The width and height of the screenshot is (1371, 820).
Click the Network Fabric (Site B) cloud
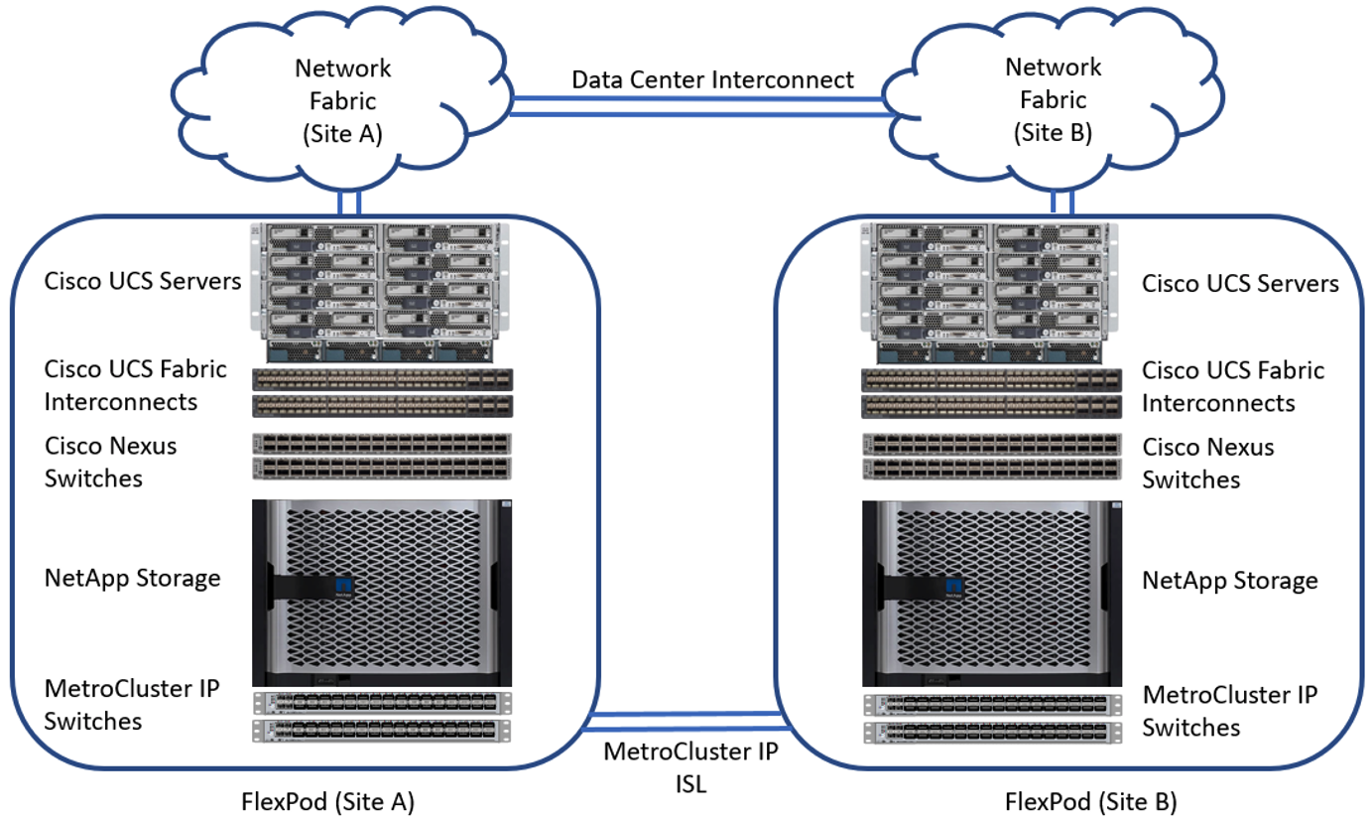(x=1053, y=100)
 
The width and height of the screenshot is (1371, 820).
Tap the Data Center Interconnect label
(x=712, y=79)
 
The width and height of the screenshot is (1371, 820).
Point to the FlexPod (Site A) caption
(x=327, y=801)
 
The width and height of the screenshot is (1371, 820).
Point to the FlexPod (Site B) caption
(x=1091, y=801)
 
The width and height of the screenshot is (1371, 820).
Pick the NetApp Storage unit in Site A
(x=382, y=592)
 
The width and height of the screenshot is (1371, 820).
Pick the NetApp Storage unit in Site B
(x=991, y=593)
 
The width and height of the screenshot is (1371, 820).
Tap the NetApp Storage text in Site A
(x=132, y=578)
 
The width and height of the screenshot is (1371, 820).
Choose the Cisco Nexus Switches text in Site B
(x=1207, y=463)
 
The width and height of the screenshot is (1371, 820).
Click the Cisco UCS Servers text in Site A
(x=143, y=281)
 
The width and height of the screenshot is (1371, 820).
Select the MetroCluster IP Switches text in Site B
(x=1230, y=711)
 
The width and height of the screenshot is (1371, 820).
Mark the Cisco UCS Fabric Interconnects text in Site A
(x=136, y=385)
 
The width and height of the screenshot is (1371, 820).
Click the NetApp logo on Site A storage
(x=345, y=585)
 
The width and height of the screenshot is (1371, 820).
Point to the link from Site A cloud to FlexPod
(x=348, y=202)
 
